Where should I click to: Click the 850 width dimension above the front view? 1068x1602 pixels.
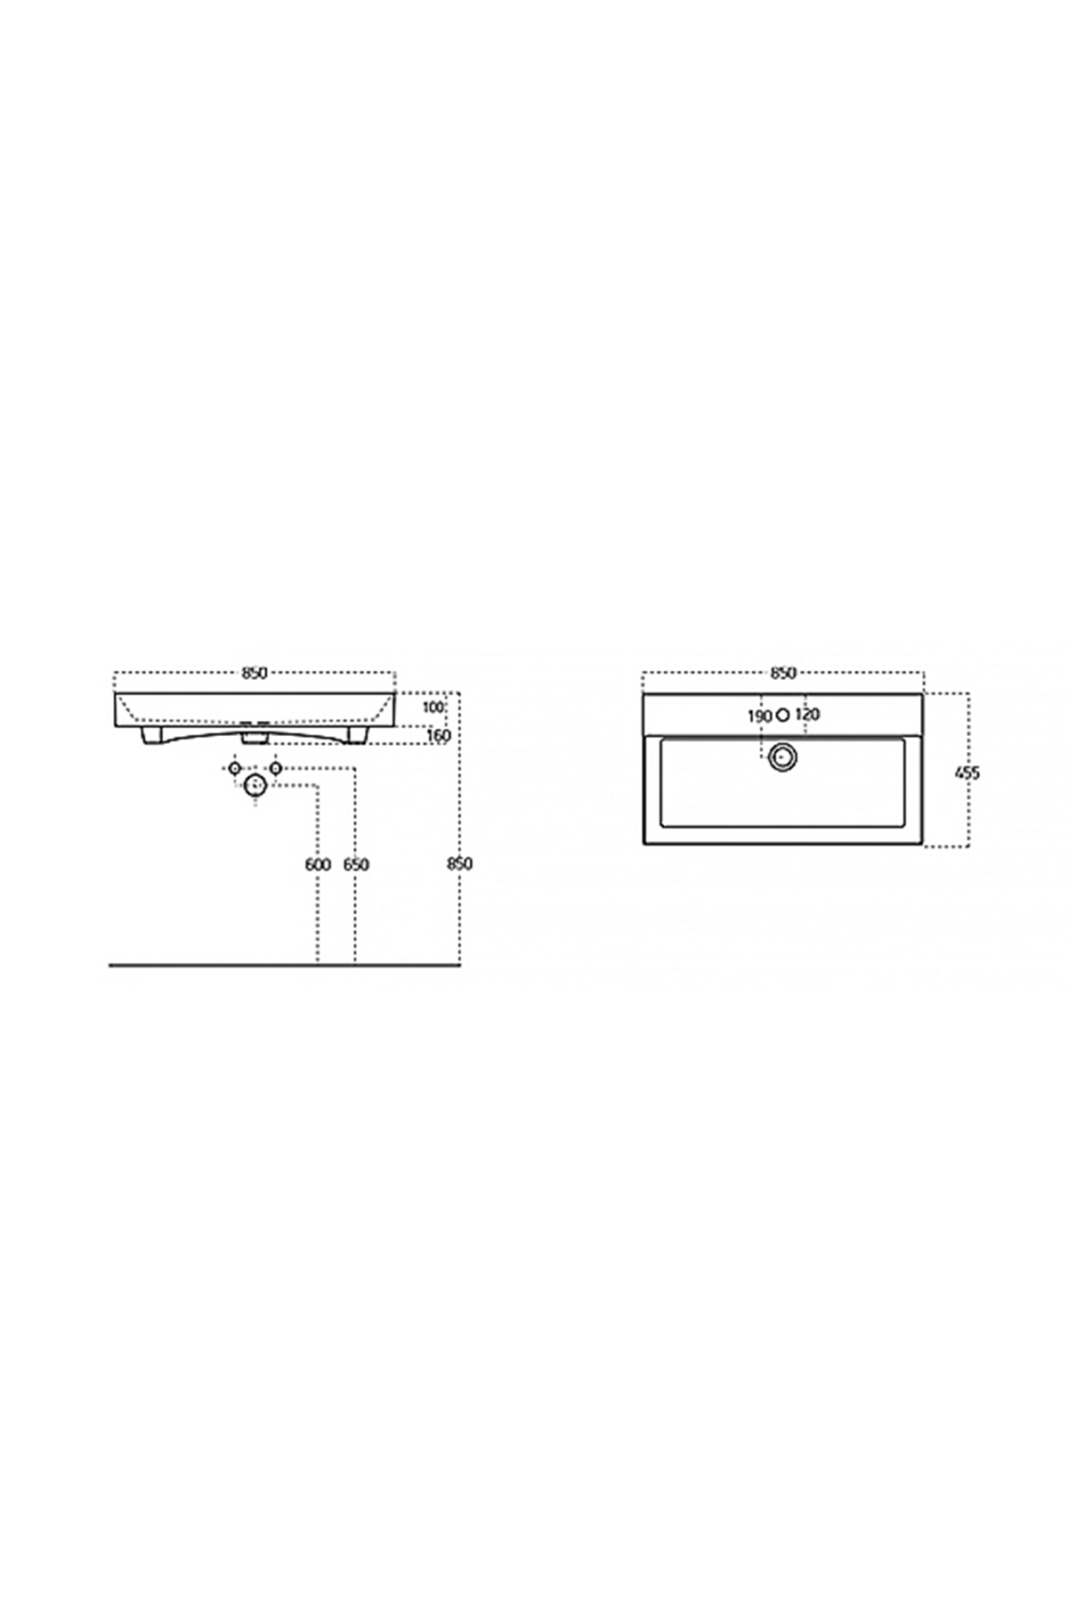pos(255,673)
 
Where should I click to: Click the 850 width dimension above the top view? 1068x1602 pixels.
pos(783,673)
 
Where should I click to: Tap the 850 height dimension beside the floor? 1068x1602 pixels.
pos(460,864)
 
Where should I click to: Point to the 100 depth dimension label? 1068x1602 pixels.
pos(433,708)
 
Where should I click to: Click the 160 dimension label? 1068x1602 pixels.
pos(439,736)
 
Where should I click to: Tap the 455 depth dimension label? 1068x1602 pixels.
pos(967,773)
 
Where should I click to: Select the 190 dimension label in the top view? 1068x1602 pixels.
pos(759,716)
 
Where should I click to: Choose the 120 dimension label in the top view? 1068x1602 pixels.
pos(807,715)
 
